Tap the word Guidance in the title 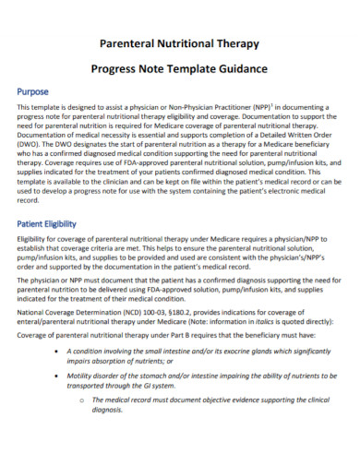(239, 68)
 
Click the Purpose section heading (36, 93)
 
